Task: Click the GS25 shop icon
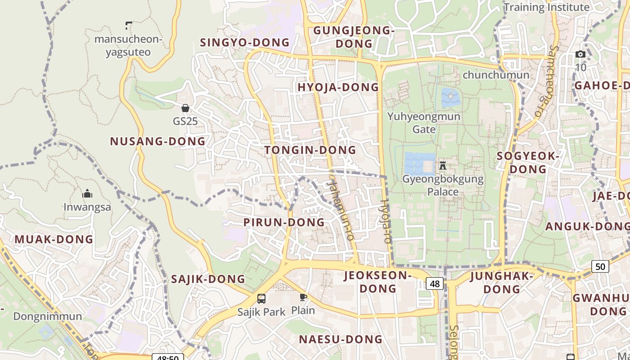pos(185,108)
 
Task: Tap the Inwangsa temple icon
pos(87,194)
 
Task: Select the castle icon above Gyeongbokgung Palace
pos(443,165)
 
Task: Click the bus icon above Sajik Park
pos(261,298)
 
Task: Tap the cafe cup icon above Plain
pos(303,297)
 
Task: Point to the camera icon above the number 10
pos(580,54)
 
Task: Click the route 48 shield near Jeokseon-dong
pos(435,283)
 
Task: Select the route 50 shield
pos(600,266)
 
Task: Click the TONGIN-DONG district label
pos(310,150)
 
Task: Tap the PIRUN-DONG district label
pos(284,222)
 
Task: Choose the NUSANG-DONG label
pos(157,141)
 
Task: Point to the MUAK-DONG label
pos(54,239)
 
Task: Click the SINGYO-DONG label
pos(245,43)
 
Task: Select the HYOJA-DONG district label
pos(338,87)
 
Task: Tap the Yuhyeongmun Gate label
pos(424,123)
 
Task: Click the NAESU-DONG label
pos(341,339)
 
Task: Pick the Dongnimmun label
pos(48,316)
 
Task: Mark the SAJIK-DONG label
pos(208,279)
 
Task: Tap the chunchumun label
pos(496,75)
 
